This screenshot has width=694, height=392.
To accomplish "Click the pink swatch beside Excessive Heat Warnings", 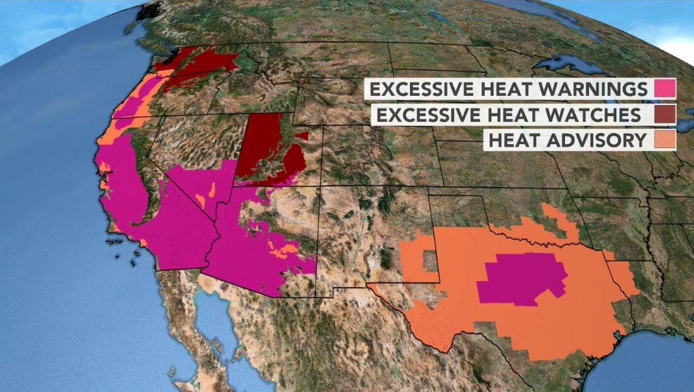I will click(665, 88).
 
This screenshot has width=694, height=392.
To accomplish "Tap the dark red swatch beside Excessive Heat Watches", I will click(665, 115).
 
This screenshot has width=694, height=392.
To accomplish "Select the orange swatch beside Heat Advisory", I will click(665, 140).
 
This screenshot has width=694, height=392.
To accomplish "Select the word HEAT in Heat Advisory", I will click(514, 140).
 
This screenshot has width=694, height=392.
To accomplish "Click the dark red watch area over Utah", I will click(267, 150).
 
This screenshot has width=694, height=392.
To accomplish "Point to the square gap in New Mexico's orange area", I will click(430, 262).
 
